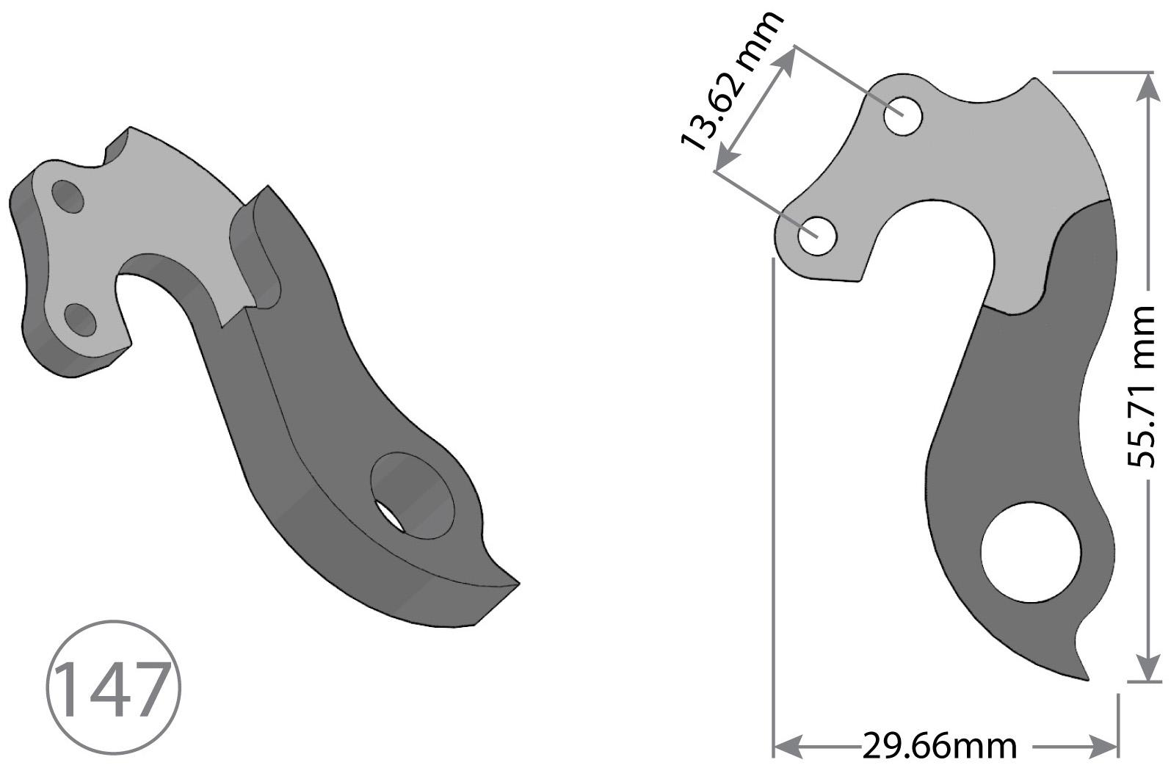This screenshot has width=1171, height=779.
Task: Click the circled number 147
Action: [x=113, y=689]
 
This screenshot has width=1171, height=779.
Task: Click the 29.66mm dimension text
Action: [x=939, y=747]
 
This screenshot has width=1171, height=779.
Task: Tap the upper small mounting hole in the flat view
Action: [x=903, y=116]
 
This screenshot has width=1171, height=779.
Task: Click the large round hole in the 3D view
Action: [x=413, y=495]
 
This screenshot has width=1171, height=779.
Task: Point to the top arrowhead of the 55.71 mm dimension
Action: [x=1144, y=87]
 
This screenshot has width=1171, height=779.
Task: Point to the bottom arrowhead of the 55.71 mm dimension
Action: [x=1144, y=668]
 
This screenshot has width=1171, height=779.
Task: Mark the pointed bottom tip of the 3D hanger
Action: [x=518, y=584]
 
